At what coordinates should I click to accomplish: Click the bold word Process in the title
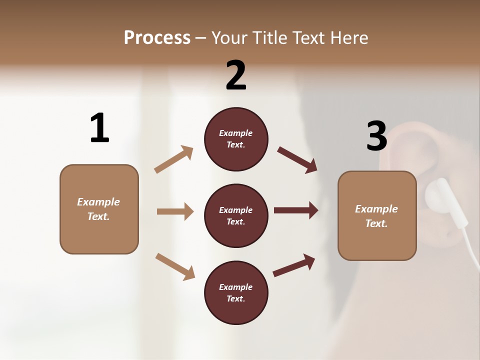157,38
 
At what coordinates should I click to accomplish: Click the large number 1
99,128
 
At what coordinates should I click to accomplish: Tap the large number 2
236,75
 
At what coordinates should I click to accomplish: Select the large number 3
376,136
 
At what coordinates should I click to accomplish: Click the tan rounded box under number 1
99,209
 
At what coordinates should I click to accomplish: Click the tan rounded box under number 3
377,215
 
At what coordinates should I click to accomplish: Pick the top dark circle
236,139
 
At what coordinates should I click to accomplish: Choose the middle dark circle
236,215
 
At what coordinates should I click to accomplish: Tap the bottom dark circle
236,292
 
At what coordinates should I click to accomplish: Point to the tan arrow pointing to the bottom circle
175,266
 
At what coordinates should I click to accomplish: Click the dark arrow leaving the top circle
297,159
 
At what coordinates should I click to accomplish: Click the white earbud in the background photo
437,197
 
